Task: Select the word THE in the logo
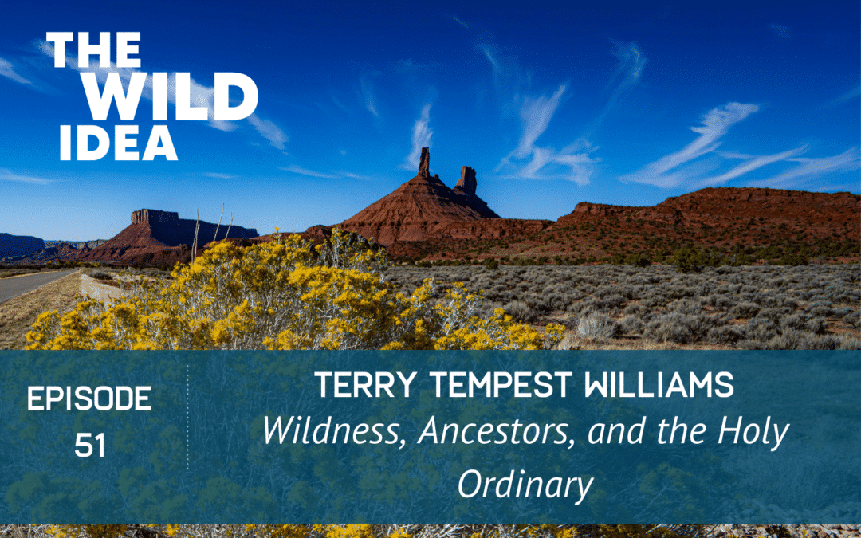pyautogui.click(x=94, y=52)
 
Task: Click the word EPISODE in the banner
pyautogui.click(x=89, y=399)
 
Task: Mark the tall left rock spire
pyautogui.click(x=424, y=163)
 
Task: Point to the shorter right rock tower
pyautogui.click(x=466, y=181)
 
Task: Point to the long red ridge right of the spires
pyautogui.click(x=702, y=211)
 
